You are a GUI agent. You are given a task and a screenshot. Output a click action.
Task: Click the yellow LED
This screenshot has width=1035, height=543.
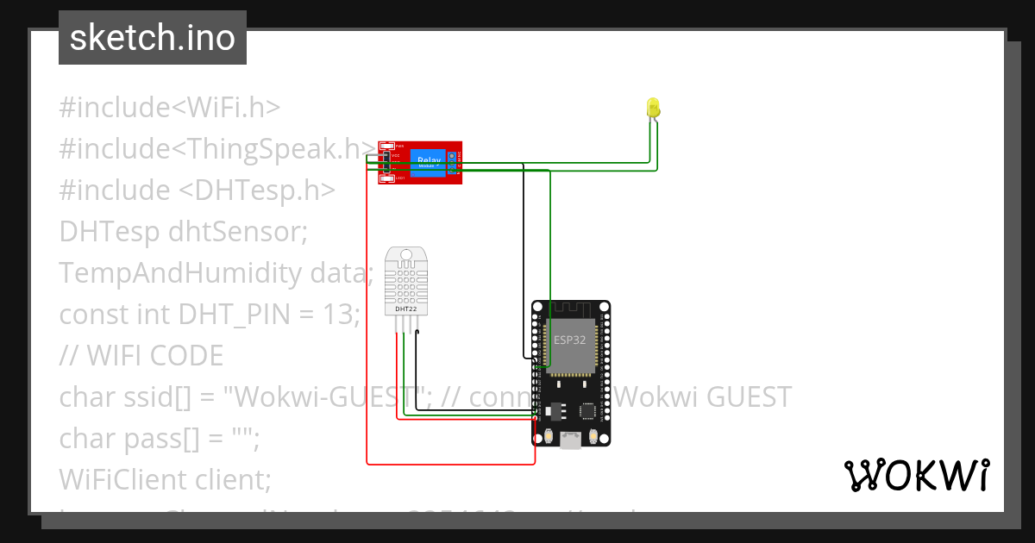point(653,108)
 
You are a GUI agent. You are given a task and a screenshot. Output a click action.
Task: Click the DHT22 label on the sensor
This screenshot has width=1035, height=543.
point(405,308)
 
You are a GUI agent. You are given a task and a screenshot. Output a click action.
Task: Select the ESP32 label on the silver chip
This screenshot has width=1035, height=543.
point(570,340)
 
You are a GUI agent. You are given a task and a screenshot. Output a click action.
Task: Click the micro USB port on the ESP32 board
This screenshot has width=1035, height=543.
point(570,440)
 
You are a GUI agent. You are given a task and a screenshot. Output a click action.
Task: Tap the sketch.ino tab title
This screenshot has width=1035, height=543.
point(153,38)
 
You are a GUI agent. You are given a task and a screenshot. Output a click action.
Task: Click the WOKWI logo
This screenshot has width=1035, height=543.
point(916,475)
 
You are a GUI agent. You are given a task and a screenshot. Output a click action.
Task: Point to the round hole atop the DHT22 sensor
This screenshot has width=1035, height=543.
point(405,253)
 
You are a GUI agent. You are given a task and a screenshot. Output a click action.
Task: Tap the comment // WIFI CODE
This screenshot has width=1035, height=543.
point(141,355)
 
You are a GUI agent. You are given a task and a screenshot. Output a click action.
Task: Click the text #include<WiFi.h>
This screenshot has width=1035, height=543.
point(170,108)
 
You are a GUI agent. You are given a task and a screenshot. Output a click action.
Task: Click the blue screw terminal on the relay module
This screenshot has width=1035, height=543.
point(452,162)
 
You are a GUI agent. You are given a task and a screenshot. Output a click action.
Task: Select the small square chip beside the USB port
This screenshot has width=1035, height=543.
point(589,411)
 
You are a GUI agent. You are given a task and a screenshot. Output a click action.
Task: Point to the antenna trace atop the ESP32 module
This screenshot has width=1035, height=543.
point(570,310)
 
